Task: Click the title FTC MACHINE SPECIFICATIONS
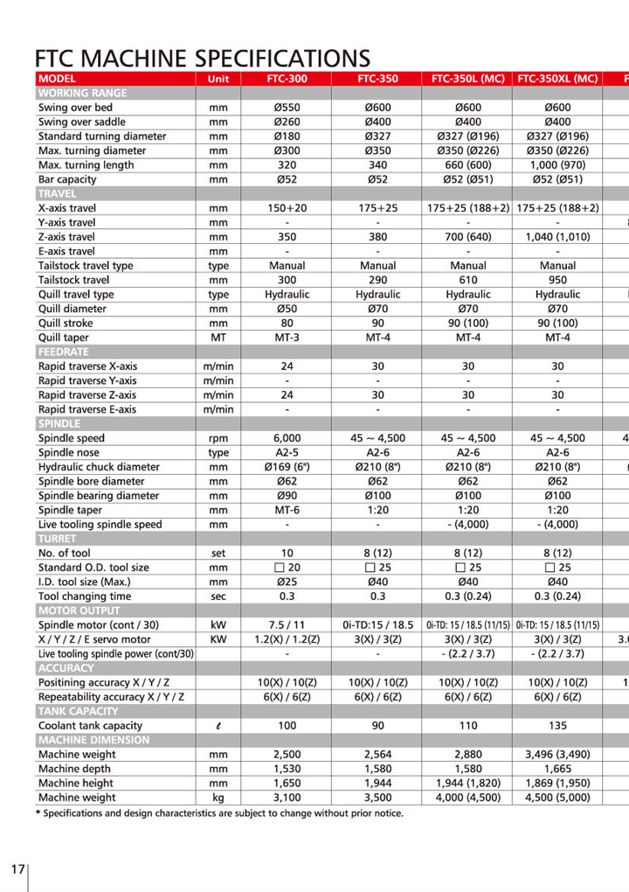coord(202,59)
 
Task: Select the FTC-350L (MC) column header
coord(468,79)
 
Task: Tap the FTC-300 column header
coord(287,79)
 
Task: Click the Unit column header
coord(218,79)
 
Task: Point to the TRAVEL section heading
coord(57,193)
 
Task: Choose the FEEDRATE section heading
coord(64,352)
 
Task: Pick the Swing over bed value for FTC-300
coord(287,108)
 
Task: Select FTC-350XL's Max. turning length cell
coord(557,164)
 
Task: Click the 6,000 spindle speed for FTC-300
coord(287,438)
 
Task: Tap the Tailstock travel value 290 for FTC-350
coord(377,280)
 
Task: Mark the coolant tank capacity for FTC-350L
coord(468,725)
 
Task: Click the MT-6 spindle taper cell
coord(287,510)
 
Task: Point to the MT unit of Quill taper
coord(218,337)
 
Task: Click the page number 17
coord(17,869)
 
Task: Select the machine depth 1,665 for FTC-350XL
coord(557,769)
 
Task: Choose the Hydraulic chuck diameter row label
coord(99,467)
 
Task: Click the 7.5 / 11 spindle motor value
coord(287,625)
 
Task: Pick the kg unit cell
coord(218,798)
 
